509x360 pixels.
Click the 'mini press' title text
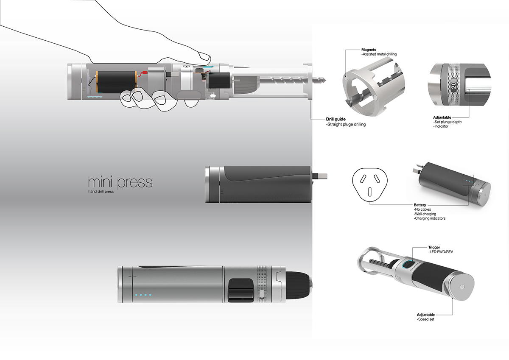(120, 182)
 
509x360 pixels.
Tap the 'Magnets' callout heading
(369, 50)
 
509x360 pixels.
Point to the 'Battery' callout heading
(420, 205)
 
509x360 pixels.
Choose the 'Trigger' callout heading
(434, 247)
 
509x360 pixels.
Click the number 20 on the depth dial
(453, 85)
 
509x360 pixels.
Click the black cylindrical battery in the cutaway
(115, 81)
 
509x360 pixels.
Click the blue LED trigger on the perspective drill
(408, 265)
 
